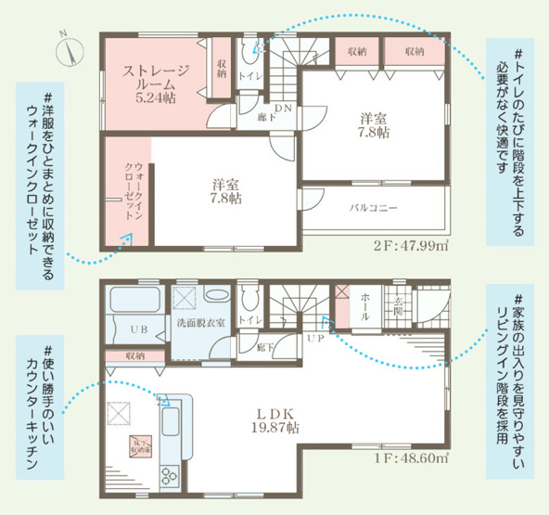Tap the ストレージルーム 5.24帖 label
pyautogui.click(x=158, y=81)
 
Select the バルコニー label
pyautogui.click(x=375, y=208)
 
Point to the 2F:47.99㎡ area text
pyautogui.click(x=410, y=246)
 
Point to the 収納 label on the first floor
pyautogui.click(x=135, y=355)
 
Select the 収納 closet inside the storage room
pyautogui.click(x=222, y=68)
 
